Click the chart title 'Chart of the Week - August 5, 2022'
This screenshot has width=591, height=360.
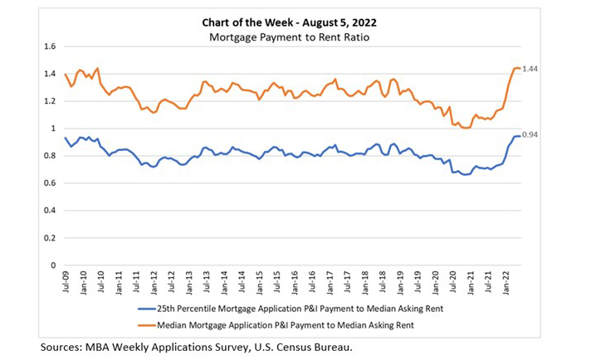[295, 22]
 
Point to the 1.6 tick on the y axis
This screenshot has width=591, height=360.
[51, 46]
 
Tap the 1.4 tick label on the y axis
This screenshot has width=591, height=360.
[51, 74]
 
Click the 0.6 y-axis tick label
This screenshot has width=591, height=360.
[51, 183]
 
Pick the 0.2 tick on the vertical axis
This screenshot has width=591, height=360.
[51, 238]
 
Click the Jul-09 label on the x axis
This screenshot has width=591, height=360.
[66, 282]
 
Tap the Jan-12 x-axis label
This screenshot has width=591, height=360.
[154, 282]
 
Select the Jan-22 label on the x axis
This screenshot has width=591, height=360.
[506, 282]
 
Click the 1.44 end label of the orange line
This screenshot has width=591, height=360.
[532, 70]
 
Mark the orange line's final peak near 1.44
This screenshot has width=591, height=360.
[516, 68]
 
